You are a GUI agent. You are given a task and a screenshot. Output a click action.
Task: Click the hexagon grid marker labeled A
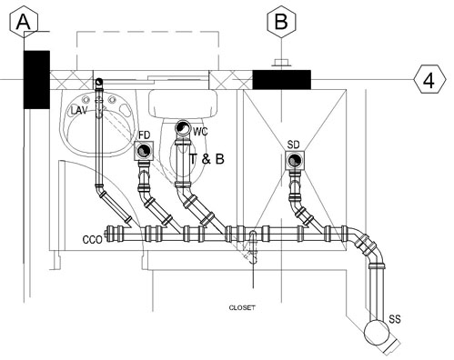tap(24, 22)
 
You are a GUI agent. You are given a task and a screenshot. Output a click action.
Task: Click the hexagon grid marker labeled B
tap(281, 22)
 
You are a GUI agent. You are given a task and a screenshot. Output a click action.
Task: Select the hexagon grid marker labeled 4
tap(430, 79)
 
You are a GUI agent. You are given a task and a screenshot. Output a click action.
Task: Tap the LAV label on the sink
tap(79, 110)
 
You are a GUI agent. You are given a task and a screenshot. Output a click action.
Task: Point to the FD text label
tap(144, 135)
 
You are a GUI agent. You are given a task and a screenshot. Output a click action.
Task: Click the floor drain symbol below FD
tap(144, 151)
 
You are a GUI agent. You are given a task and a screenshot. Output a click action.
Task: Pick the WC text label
tap(200, 132)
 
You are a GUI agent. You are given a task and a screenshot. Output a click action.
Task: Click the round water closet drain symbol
tap(183, 127)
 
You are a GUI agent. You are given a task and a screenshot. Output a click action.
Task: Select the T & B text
tap(207, 159)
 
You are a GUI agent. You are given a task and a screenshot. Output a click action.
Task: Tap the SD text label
tap(293, 145)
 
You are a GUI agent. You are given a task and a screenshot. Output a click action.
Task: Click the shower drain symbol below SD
tap(294, 160)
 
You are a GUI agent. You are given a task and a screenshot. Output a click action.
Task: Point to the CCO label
tap(92, 240)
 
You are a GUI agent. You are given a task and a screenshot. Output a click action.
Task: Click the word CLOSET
tap(242, 308)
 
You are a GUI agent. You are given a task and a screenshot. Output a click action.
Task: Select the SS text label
tap(395, 319)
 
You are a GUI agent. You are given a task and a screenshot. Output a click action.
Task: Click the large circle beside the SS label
tap(377, 333)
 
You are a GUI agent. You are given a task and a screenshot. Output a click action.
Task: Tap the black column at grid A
tap(36, 80)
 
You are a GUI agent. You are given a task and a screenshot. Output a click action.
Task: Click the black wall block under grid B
tap(282, 80)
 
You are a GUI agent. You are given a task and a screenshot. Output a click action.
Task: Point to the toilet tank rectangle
tap(183, 104)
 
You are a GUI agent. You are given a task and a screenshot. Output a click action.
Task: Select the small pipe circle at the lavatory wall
tap(98, 82)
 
